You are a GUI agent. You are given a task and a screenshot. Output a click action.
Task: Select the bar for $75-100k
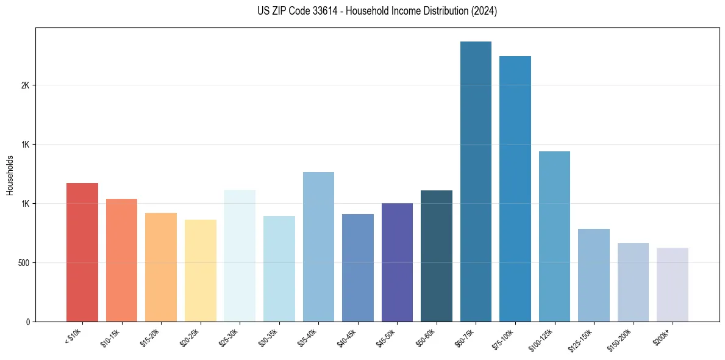(515, 189)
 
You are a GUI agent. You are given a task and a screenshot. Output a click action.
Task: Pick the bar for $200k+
(673, 284)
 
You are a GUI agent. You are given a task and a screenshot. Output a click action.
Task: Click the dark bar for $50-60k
(437, 256)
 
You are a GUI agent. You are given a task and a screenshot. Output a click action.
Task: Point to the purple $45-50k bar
(397, 262)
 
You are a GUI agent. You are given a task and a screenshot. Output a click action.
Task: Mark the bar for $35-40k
(318, 247)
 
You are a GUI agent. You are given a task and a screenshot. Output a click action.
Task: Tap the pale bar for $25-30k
(240, 256)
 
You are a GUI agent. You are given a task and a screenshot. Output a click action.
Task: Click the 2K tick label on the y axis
(25, 85)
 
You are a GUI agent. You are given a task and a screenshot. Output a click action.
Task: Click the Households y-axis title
(10, 175)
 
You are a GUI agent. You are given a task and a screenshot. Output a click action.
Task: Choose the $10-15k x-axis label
(110, 338)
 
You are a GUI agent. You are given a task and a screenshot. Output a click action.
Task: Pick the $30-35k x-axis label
(268, 338)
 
